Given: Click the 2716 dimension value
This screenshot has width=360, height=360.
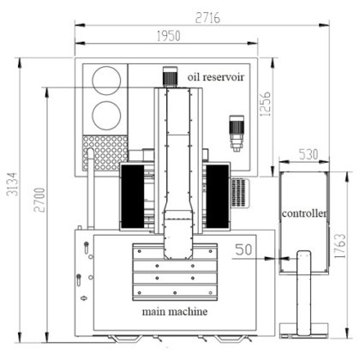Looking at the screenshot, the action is tap(207, 18).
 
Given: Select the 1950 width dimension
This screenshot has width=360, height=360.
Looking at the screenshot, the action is tap(169, 36).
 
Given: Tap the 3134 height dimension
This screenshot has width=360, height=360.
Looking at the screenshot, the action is tap(13, 184).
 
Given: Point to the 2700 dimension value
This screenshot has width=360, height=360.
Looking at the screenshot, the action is tap(39, 200).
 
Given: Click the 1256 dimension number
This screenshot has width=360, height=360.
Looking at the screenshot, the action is tap(266, 104).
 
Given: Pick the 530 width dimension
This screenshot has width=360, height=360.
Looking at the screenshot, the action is tap(309, 154).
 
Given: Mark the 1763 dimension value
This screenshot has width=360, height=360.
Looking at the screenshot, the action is tap(340, 246).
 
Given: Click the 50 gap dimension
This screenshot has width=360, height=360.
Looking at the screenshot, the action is tap(243, 249).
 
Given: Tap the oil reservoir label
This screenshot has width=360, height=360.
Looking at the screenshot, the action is tap(216, 77).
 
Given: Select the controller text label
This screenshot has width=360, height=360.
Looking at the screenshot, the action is tap(304, 213).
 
